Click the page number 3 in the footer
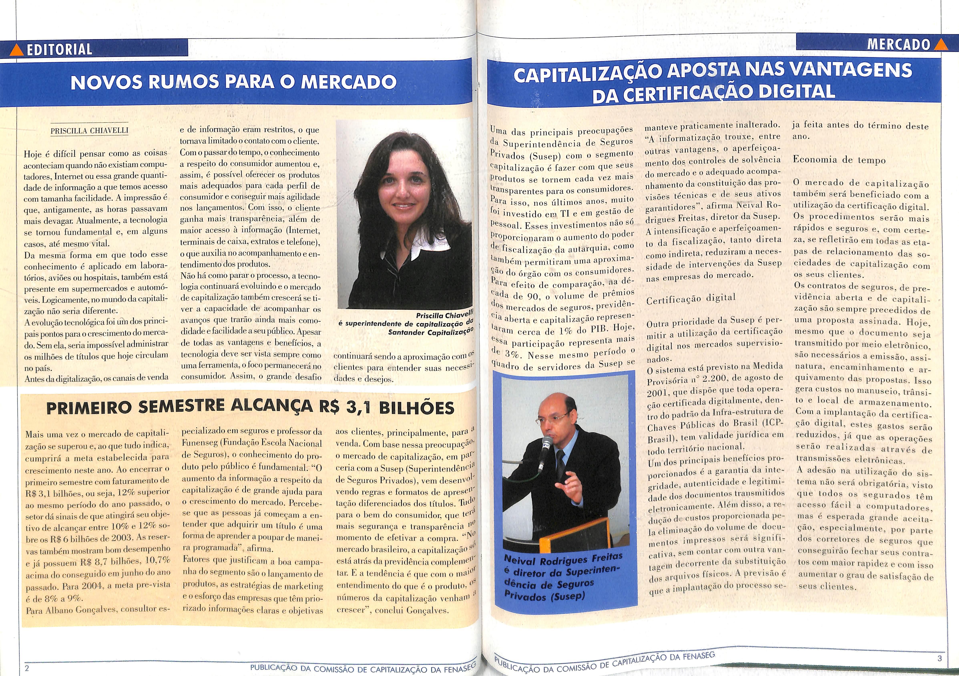pos(940,658)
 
